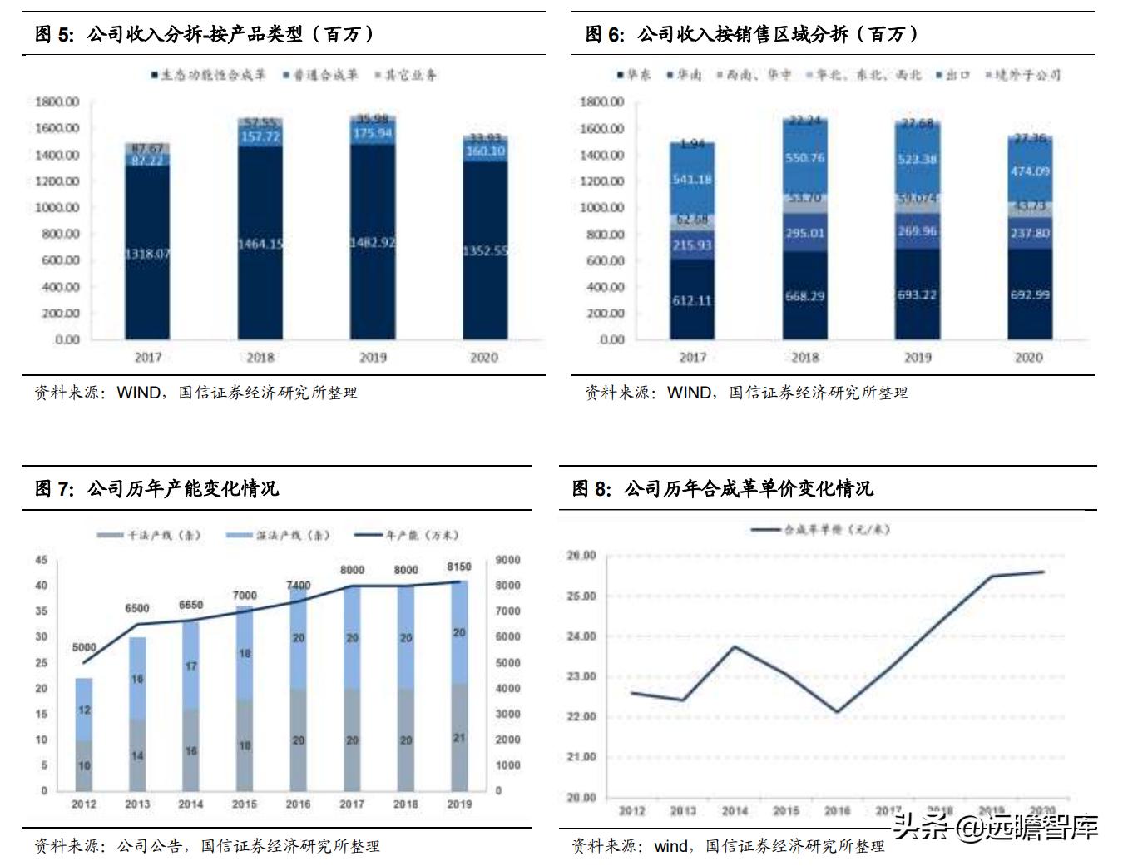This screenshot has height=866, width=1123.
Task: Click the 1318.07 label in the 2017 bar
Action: click(148, 254)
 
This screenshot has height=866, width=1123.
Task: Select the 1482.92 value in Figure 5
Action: click(373, 242)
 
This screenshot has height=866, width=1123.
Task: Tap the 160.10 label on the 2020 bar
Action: click(485, 151)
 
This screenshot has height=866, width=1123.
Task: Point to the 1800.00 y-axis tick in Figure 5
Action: click(57, 101)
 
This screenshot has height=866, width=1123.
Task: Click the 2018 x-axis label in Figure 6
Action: click(804, 357)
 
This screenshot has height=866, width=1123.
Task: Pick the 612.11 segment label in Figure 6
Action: click(692, 300)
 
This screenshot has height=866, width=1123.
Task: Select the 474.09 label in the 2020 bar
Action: click(1030, 171)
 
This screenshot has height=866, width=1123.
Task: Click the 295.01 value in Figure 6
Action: click(804, 233)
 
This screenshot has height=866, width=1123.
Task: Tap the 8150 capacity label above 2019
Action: click(459, 567)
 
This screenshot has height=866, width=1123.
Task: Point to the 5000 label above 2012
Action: click(84, 647)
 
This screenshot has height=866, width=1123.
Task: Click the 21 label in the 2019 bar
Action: click(459, 738)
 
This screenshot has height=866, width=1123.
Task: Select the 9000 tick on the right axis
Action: click(507, 560)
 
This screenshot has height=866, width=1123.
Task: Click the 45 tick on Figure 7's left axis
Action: click(42, 560)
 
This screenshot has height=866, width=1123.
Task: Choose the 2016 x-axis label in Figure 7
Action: click(298, 804)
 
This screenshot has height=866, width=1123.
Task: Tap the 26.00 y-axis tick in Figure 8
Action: click(581, 556)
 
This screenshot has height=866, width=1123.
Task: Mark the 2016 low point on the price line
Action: click(837, 712)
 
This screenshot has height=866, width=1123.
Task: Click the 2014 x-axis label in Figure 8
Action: click(735, 811)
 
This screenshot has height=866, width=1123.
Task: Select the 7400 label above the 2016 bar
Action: click(298, 586)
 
